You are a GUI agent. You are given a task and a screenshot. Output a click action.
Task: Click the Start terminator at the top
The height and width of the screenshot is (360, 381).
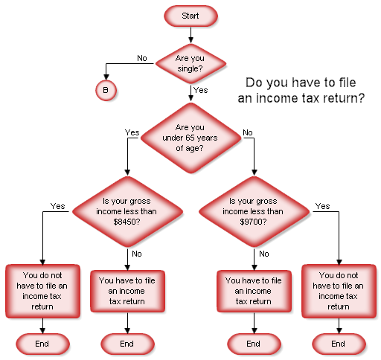pos(190,15)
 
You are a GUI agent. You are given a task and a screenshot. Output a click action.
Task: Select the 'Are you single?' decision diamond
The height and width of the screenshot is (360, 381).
pos(190,62)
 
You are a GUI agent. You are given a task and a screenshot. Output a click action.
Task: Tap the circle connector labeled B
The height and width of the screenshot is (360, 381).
pos(105,90)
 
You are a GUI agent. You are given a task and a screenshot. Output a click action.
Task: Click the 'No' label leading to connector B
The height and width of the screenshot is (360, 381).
pos(141,57)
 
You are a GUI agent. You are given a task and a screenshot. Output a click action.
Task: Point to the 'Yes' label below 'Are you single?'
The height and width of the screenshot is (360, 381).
pos(200,90)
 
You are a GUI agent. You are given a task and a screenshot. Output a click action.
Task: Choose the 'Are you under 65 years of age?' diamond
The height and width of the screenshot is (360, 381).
pos(190,137)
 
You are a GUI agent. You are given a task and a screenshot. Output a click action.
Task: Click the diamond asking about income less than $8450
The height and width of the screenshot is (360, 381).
pos(127,211)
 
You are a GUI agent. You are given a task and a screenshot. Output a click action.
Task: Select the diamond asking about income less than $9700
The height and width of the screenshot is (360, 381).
pos(254,211)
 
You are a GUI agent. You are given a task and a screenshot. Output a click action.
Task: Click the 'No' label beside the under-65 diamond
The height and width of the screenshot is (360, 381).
pos(247,132)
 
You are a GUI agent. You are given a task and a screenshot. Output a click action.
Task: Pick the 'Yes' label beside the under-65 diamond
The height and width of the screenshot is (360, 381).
pos(132,132)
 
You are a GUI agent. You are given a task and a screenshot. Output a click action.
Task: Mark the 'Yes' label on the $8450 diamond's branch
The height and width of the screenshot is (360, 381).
pos(57,206)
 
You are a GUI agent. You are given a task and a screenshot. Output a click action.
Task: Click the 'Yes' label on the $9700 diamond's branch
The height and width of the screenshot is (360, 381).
pos(322,206)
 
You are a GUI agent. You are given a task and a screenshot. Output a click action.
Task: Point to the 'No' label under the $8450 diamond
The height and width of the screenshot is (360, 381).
pos(136,254)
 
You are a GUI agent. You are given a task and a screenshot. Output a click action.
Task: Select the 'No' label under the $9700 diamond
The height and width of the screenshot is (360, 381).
pos(263,254)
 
